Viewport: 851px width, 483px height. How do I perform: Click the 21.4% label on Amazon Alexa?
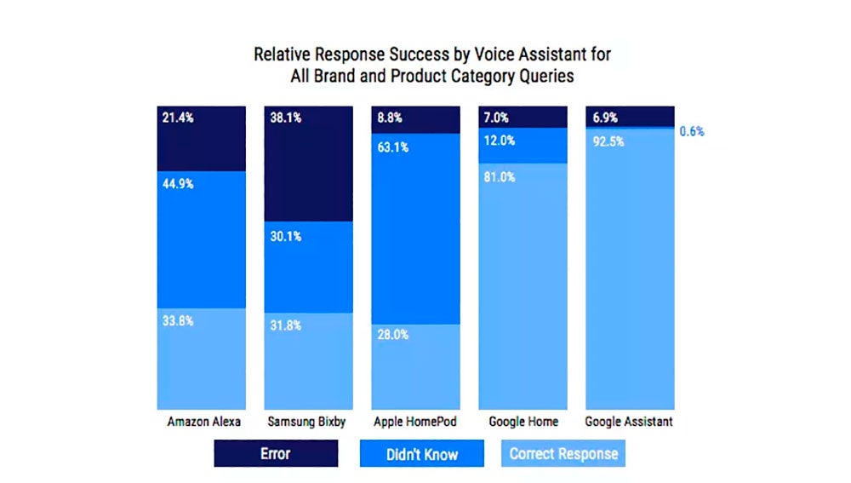tap(178, 118)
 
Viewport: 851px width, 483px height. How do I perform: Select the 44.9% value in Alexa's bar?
tap(178, 184)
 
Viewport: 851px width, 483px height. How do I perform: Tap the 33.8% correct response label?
tap(178, 321)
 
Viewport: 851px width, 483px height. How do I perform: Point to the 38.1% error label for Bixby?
tap(285, 118)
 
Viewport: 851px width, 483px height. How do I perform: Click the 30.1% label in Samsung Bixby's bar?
tap(285, 236)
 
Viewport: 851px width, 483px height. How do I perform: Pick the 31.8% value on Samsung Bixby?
tap(285, 326)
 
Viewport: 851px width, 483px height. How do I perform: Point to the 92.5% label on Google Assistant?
tap(608, 141)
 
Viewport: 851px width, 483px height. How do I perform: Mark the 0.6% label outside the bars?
tap(691, 132)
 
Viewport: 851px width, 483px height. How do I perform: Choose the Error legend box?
tap(276, 453)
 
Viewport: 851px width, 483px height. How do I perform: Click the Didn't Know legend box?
tap(422, 453)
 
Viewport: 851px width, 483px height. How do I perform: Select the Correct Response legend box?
tap(563, 453)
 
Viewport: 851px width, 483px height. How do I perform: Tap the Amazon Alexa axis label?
tap(204, 422)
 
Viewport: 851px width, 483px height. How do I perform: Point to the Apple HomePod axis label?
tap(417, 422)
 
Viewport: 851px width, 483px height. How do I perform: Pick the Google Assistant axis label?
tap(631, 422)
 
